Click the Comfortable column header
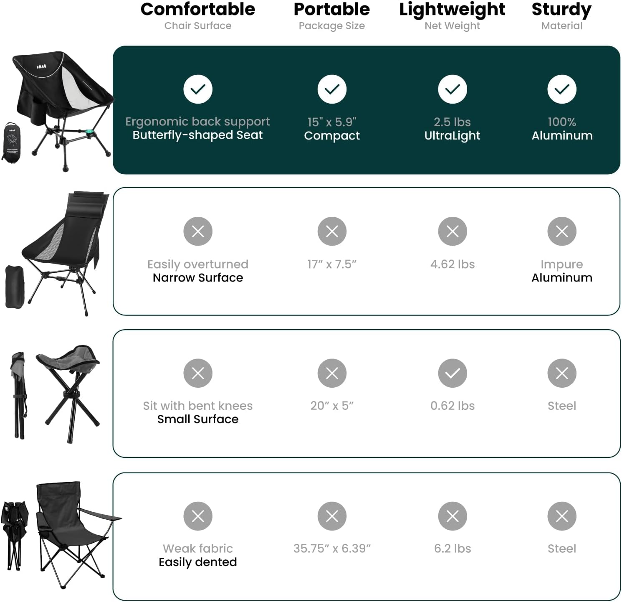click(198, 9)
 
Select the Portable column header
click(332, 9)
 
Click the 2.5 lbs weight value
click(452, 122)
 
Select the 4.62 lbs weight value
click(453, 264)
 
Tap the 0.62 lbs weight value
click(453, 406)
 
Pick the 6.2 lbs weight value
click(453, 549)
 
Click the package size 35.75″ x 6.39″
click(332, 549)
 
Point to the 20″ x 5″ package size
click(332, 406)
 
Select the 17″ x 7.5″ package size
click(332, 264)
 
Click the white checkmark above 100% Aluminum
click(562, 89)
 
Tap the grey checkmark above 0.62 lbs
click(453, 373)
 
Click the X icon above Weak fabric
click(198, 516)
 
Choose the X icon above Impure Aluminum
click(562, 231)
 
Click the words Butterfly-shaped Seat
click(198, 135)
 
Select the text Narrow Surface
click(198, 278)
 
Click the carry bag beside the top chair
click(12, 142)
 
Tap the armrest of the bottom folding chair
click(100, 514)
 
